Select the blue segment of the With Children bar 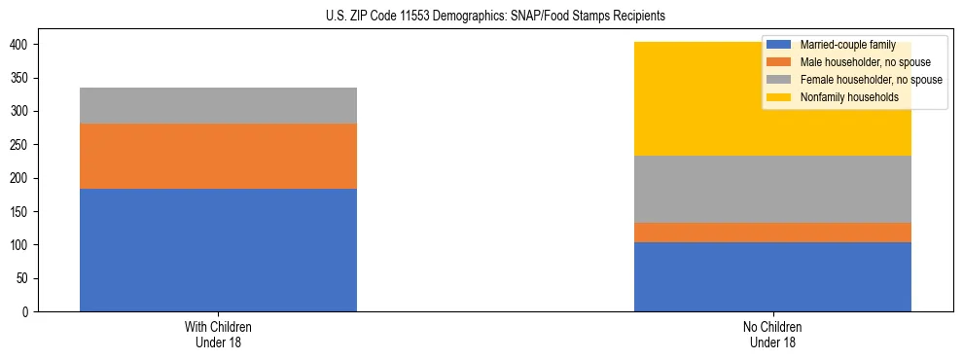[218, 250]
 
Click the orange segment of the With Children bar [218, 156]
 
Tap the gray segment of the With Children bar [218, 105]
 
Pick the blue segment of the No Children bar [772, 276]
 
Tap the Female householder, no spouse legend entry [857, 80]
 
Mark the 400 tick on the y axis [22, 45]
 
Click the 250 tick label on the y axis [22, 145]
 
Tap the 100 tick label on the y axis [22, 245]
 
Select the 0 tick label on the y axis [28, 311]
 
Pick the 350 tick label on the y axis [22, 78]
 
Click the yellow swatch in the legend [779, 97]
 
